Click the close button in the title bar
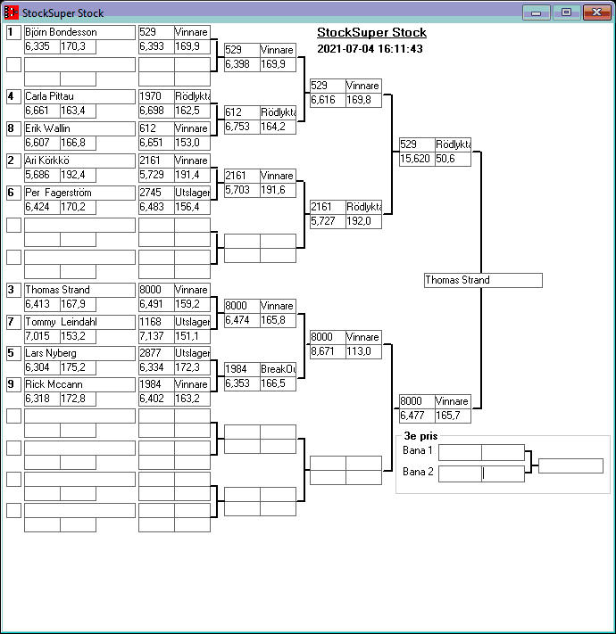[595, 13]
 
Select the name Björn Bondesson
[79, 32]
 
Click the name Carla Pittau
[79, 96]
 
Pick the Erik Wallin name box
[79, 128]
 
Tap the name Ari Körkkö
[79, 161]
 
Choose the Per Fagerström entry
[79, 193]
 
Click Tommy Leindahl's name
[79, 322]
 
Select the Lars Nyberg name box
[79, 353]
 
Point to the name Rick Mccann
[79, 384]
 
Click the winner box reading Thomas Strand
[483, 280]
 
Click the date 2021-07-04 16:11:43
[370, 49]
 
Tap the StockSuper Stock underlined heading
[371, 33]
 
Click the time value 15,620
[417, 159]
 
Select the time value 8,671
[327, 352]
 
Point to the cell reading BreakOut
[278, 369]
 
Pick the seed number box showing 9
[13, 384]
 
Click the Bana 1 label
[417, 451]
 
